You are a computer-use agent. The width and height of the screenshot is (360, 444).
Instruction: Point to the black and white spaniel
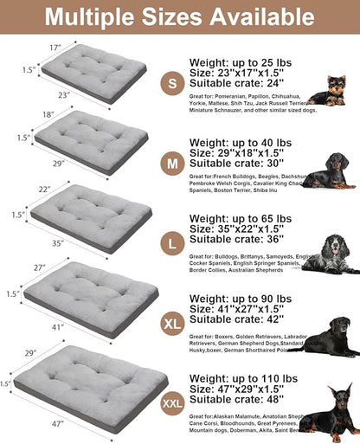pyautogui.click(x=332, y=252)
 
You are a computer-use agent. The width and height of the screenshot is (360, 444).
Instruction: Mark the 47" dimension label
pyautogui.click(x=58, y=425)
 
